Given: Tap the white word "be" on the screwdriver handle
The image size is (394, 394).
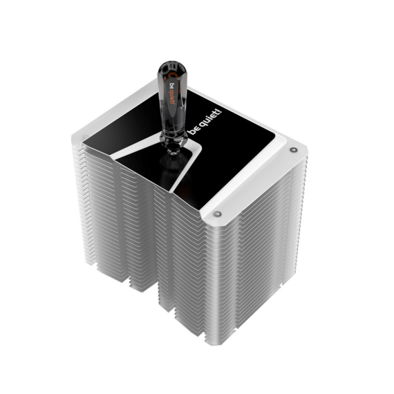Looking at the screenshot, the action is [172, 86].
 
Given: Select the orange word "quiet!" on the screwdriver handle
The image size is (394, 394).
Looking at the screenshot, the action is [172, 98].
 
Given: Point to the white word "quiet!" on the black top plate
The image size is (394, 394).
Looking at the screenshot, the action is [209, 118].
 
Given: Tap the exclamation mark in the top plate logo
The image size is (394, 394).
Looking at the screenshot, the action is [220, 111].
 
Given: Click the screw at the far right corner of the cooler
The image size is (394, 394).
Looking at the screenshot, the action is [292, 150].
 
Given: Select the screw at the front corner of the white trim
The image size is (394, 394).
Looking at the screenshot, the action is [217, 214].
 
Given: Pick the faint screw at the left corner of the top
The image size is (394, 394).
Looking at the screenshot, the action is [84, 138].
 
